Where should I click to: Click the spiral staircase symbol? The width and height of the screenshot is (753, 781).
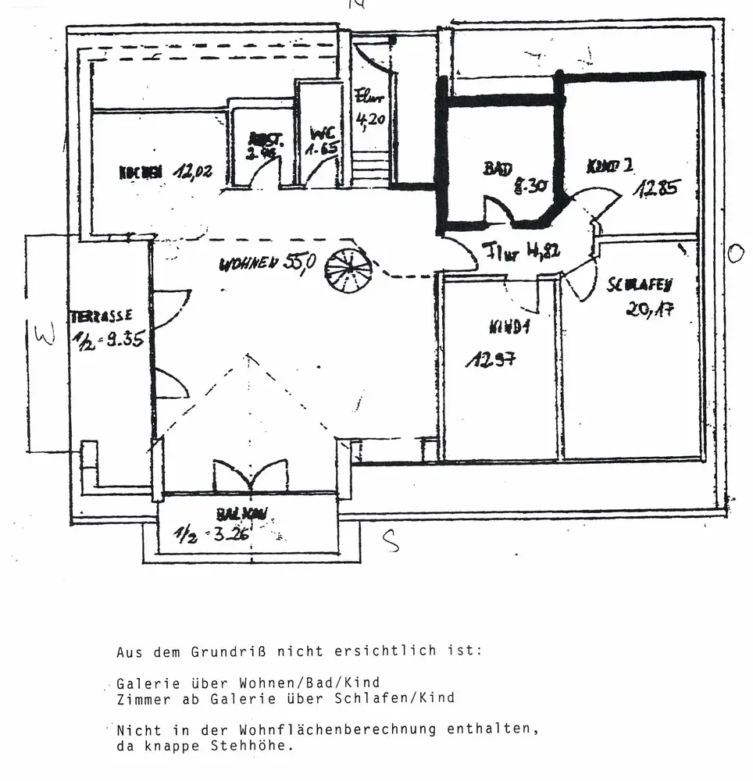tap(348, 269)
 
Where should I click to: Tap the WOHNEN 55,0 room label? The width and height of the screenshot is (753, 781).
tap(267, 263)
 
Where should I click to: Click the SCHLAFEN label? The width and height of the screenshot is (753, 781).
tap(640, 285)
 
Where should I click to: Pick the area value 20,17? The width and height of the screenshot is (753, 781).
tap(650, 308)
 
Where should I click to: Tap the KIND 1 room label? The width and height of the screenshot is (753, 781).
tap(509, 326)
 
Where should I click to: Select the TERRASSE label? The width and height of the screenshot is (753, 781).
tap(102, 316)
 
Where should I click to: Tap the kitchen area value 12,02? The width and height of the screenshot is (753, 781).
tap(187, 173)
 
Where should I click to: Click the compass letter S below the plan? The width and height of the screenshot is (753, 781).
tap(391, 540)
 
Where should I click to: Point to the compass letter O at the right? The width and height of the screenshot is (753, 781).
tap(734, 253)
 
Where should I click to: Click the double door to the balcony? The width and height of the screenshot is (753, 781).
tap(251, 475)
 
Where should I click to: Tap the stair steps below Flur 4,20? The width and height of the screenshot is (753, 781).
tap(371, 167)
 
